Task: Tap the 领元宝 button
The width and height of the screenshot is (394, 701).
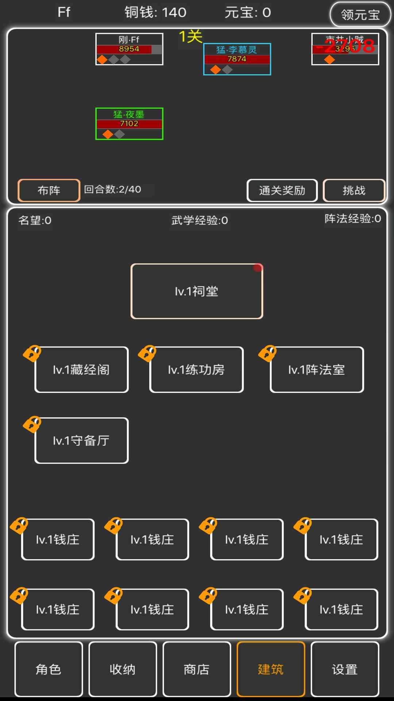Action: click(360, 15)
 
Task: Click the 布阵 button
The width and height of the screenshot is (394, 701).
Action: click(49, 190)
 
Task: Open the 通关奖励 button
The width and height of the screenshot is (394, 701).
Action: click(282, 190)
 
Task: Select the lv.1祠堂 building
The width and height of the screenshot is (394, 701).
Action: click(197, 291)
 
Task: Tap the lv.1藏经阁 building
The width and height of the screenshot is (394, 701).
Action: click(81, 370)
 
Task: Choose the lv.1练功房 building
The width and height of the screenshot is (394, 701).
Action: click(196, 370)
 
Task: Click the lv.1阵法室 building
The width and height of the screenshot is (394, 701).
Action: click(317, 370)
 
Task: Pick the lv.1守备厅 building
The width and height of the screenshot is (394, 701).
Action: click(81, 441)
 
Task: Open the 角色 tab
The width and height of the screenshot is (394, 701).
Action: click(49, 669)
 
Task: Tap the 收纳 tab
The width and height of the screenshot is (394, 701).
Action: click(123, 669)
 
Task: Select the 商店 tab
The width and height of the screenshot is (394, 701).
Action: click(197, 669)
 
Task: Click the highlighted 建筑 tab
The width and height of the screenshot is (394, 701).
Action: click(271, 669)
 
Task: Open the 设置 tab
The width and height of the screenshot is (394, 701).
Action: click(345, 669)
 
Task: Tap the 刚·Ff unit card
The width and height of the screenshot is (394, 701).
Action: click(129, 49)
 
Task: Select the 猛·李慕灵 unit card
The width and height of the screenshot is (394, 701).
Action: click(237, 59)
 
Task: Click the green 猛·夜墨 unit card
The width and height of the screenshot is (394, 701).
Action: click(129, 123)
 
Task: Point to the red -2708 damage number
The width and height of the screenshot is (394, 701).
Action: click(346, 46)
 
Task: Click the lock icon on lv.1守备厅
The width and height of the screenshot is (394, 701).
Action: click(32, 425)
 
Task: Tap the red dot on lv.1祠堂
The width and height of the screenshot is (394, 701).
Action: click(258, 268)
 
